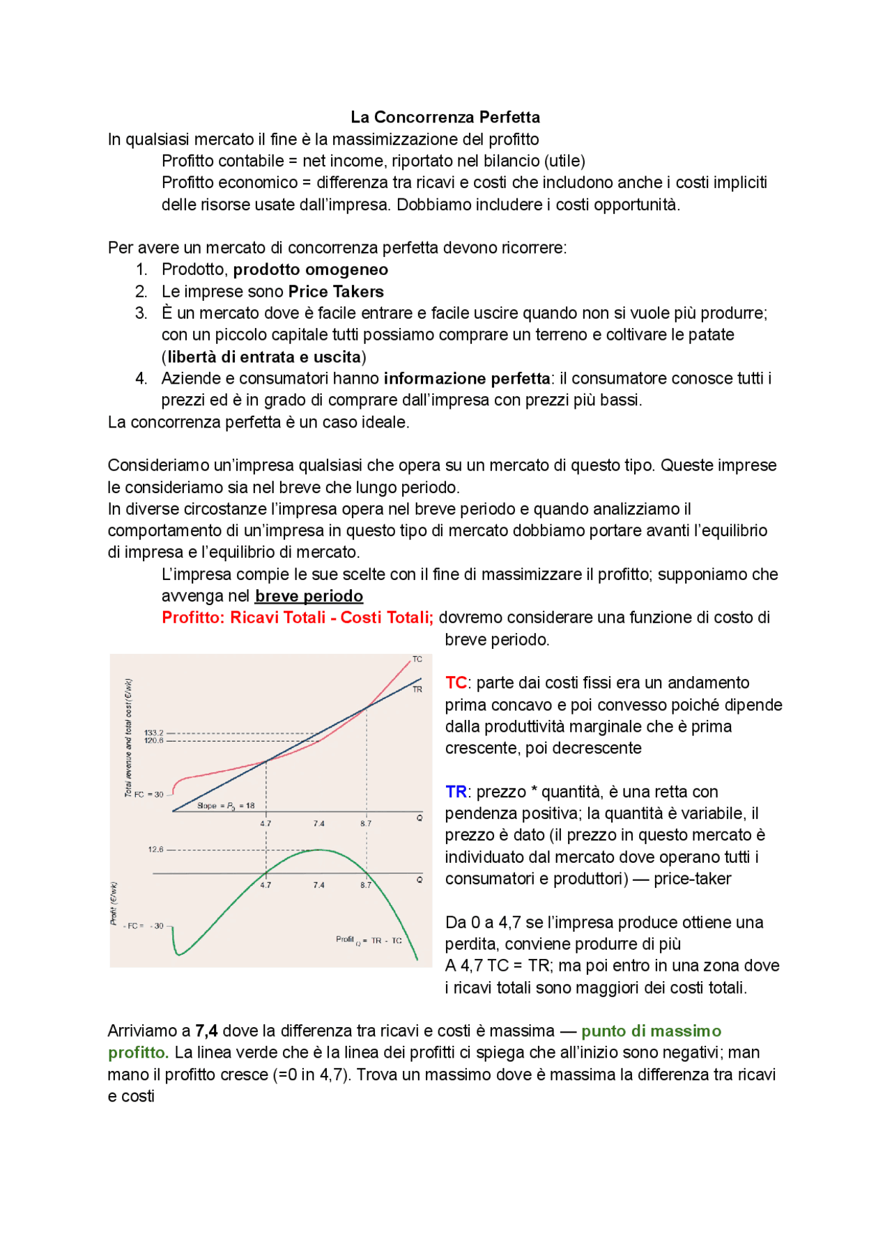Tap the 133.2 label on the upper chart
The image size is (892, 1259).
point(153,733)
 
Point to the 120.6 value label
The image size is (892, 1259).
point(153,740)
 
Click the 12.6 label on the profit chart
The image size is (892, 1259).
point(155,850)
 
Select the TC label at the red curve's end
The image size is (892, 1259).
point(417,659)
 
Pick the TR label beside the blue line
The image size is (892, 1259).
point(417,689)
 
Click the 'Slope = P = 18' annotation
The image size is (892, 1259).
point(226,806)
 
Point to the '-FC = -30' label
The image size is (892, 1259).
point(144,926)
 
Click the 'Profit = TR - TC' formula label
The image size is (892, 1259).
point(369,941)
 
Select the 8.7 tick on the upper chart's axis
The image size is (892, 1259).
point(366,823)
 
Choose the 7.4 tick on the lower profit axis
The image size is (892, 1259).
point(318,885)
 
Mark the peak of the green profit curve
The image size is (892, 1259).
point(319,850)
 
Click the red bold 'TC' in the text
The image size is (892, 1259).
point(456,683)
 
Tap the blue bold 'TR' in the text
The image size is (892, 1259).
point(456,792)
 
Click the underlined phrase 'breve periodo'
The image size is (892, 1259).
point(309,596)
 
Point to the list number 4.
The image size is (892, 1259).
point(141,379)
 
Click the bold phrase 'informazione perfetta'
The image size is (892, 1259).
point(466,379)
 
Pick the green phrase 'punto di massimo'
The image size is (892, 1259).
point(651,1031)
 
